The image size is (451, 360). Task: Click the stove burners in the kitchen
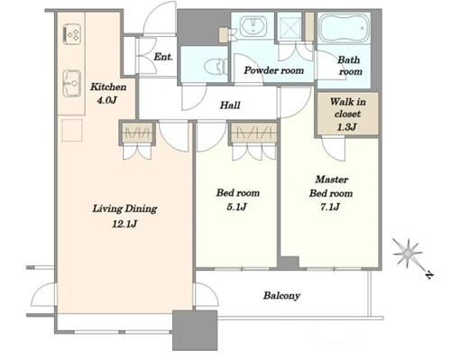pyautogui.click(x=72, y=34)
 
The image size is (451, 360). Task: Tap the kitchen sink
pyautogui.click(x=72, y=83)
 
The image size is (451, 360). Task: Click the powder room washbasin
pyautogui.click(x=253, y=26)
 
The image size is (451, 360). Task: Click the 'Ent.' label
pyautogui.click(x=163, y=57)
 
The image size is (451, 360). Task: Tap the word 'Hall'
pyautogui.click(x=230, y=106)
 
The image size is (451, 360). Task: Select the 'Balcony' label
pyautogui.click(x=281, y=296)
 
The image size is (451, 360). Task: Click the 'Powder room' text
pyautogui.click(x=273, y=70)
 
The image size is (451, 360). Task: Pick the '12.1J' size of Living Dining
pyautogui.click(x=124, y=224)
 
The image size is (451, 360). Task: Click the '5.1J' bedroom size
pyautogui.click(x=237, y=207)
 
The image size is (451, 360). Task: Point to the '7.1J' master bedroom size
pyautogui.click(x=330, y=207)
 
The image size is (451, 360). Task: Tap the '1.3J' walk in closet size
pyautogui.click(x=346, y=127)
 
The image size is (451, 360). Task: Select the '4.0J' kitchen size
pyautogui.click(x=106, y=100)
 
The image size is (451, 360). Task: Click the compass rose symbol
pyautogui.click(x=408, y=254)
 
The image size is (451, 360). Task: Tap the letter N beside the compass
pyautogui.click(x=429, y=274)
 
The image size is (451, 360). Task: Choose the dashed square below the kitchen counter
pyautogui.click(x=72, y=130)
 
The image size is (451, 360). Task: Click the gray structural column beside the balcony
pyautogui.click(x=195, y=330)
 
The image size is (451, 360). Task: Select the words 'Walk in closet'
pyautogui.click(x=348, y=108)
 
